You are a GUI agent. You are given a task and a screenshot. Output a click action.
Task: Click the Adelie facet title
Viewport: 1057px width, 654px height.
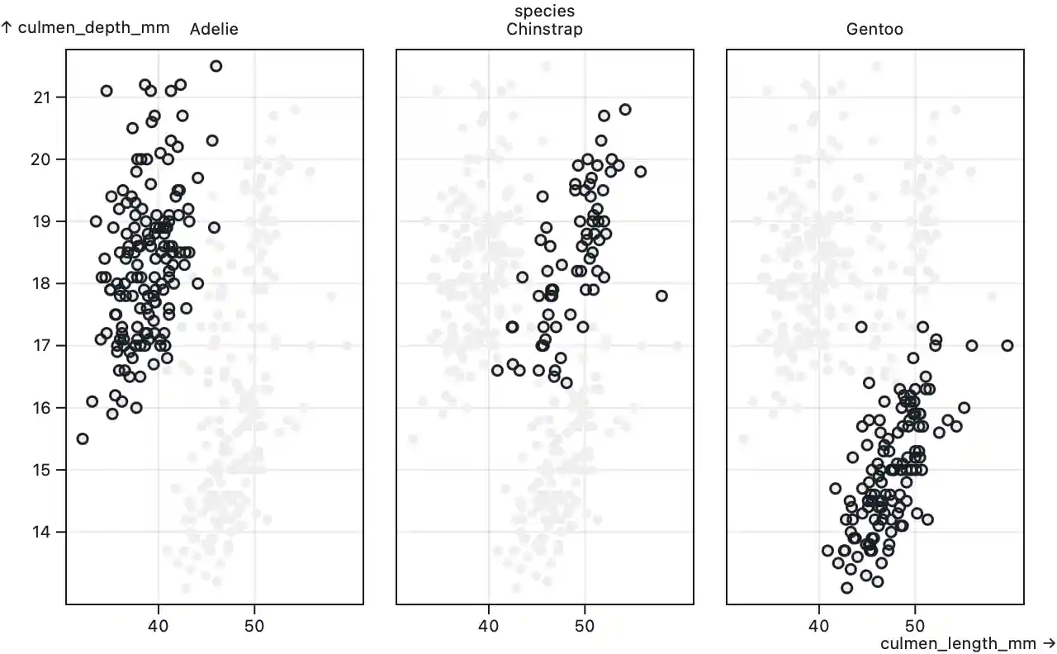(214, 30)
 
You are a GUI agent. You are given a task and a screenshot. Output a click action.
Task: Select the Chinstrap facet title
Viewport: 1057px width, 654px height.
(544, 30)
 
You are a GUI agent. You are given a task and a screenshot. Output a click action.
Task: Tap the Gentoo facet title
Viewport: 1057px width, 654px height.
(875, 30)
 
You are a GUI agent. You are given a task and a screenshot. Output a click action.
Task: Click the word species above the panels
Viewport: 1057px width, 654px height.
(544, 12)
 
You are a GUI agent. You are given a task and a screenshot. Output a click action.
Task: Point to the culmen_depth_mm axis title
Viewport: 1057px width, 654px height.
(86, 27)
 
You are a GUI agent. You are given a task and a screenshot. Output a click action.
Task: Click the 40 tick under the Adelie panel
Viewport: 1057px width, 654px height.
(158, 626)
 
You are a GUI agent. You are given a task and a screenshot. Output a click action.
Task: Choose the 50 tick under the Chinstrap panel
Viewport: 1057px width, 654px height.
(585, 626)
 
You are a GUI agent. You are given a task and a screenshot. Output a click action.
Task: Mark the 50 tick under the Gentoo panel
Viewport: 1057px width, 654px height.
(915, 626)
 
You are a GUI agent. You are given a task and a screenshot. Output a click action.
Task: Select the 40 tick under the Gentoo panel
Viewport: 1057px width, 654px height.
(818, 626)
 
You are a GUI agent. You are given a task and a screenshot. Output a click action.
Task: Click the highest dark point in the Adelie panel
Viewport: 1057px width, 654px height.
(216, 66)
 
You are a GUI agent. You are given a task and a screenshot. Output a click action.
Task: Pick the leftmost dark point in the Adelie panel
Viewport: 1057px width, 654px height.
(83, 438)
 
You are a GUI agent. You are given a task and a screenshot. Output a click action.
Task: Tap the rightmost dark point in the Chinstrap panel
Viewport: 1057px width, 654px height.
(661, 296)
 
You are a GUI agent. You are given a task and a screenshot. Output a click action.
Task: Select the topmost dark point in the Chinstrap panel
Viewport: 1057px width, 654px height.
(625, 110)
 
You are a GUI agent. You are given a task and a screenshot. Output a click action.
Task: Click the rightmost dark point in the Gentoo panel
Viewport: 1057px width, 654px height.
(1007, 345)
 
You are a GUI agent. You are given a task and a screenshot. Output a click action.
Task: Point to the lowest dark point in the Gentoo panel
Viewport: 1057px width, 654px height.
(846, 588)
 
